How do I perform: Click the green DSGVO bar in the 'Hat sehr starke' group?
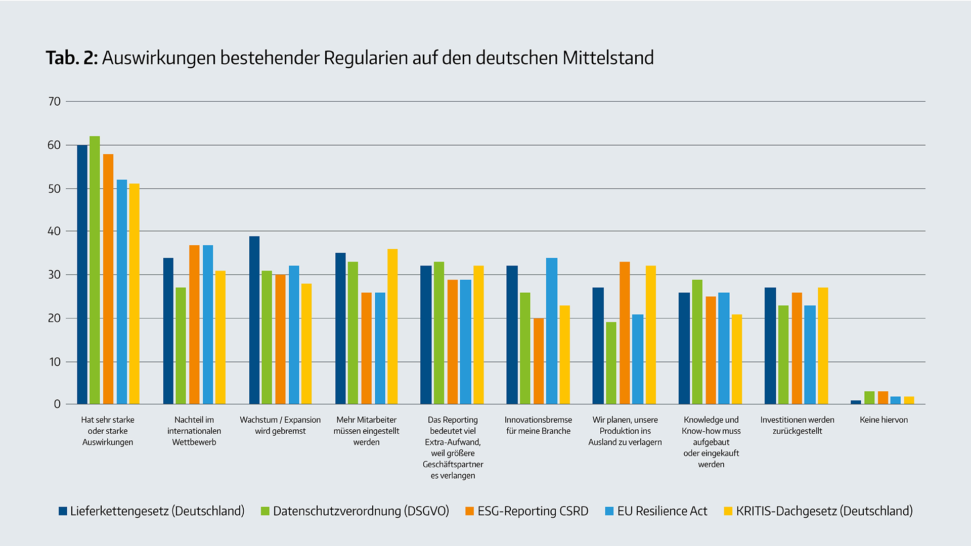coord(95,270)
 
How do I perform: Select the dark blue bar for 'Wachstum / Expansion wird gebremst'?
coord(254,320)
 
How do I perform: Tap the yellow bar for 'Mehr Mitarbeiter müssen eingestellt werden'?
coord(392,327)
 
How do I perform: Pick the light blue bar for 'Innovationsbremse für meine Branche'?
coord(552,331)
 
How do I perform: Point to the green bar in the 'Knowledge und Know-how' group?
coord(697,342)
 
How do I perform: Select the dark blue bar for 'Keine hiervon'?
coord(856,402)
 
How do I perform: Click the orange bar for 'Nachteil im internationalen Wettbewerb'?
coord(194,325)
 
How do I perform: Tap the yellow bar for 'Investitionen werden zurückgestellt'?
coord(823,346)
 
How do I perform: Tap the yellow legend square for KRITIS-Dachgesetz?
coord(728,511)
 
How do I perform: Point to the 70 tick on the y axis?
coord(54,102)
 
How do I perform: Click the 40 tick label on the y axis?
coord(54,232)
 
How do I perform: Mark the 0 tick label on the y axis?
coord(57,404)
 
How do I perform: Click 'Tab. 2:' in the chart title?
coord(71,58)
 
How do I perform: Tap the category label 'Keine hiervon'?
coord(884,420)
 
